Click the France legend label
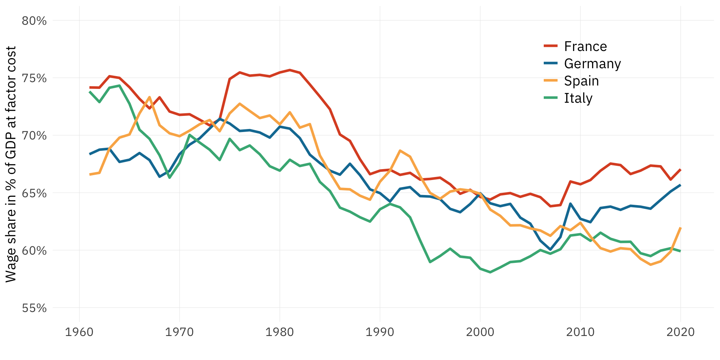[585, 46]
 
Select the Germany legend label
[592, 63]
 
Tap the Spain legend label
[581, 81]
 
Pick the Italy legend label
[578, 98]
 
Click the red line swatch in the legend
[551, 46]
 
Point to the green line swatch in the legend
[551, 97]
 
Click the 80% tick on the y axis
[34, 21]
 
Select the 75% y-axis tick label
[34, 78]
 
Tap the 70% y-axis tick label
[34, 135]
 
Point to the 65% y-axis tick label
[34, 193]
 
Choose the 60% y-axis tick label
[34, 250]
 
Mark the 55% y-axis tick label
[34, 308]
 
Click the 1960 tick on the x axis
[79, 332]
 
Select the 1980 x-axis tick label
[279, 332]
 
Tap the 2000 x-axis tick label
[480, 332]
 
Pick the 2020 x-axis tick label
[680, 332]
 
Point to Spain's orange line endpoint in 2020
[680, 228]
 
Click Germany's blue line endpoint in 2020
[680, 185]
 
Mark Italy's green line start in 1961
[90, 92]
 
